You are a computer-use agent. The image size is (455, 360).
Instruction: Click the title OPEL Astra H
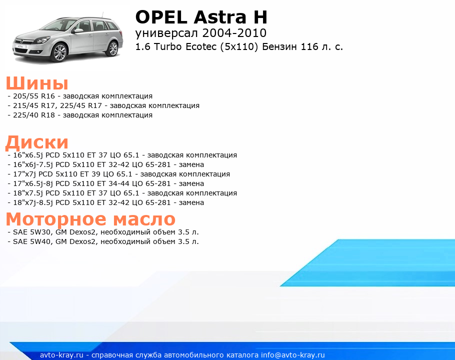point(201,17)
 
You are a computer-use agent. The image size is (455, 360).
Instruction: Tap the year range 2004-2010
point(234,33)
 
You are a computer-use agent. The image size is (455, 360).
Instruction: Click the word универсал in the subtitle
point(167,33)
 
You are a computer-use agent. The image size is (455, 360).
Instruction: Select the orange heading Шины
point(37,83)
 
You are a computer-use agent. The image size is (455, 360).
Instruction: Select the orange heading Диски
point(37,142)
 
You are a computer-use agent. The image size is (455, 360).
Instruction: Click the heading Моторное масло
point(90,219)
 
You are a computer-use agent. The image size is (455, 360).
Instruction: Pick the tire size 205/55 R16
point(34,96)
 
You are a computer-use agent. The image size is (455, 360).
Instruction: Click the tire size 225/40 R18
point(34,115)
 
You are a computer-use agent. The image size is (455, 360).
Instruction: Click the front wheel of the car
point(60,52)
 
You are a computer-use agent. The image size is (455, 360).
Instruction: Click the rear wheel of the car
point(112,48)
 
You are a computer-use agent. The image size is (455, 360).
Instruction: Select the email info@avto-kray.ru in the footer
point(293,355)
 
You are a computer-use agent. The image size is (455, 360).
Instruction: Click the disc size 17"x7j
point(24,174)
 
